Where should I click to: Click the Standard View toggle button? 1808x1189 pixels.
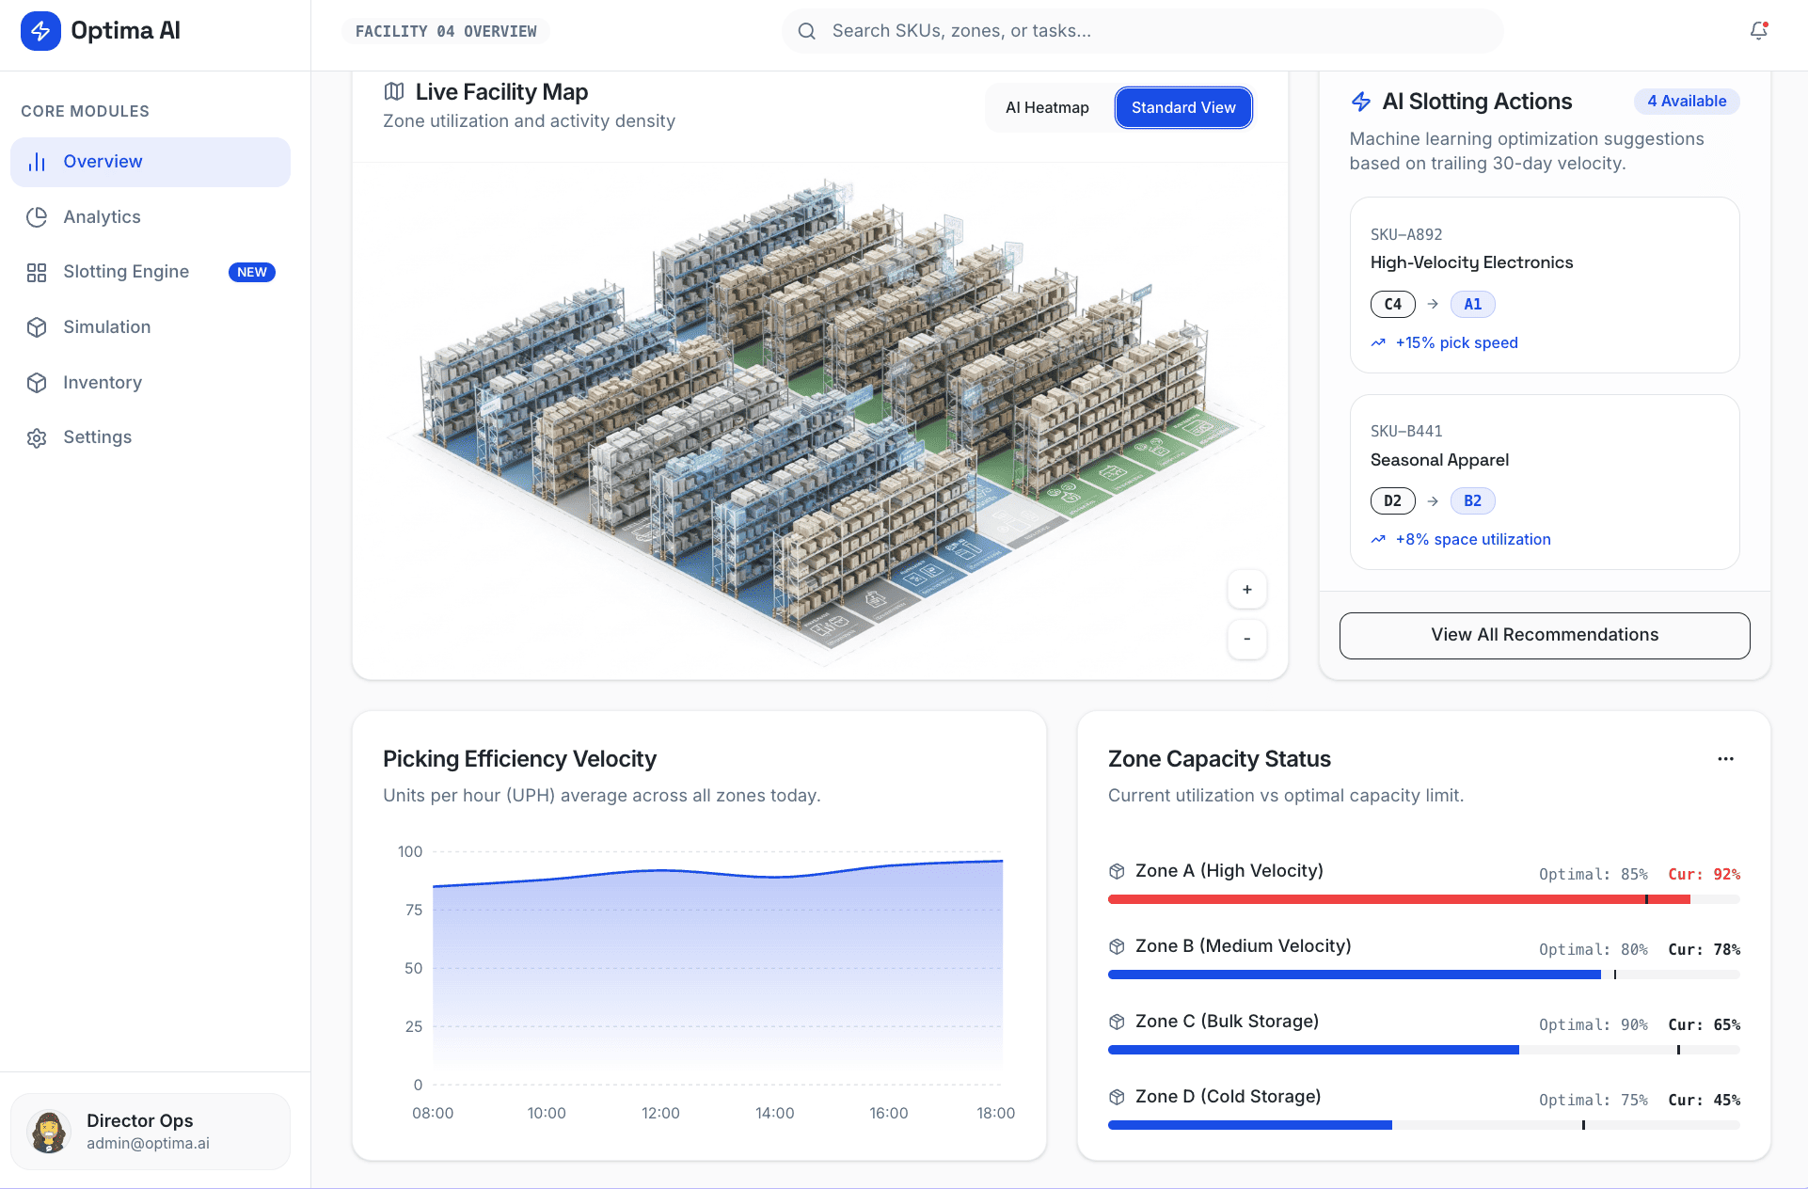(1182, 107)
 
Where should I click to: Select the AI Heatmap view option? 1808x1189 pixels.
(1046, 107)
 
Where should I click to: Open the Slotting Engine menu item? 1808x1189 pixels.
(126, 272)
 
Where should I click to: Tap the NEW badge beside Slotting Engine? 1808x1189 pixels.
(251, 272)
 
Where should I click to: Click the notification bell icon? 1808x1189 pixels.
(1758, 31)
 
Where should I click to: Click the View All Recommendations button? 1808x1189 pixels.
(1544, 635)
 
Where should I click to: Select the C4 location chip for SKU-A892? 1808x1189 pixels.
(1392, 304)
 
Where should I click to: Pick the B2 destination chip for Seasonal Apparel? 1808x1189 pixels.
(1472, 500)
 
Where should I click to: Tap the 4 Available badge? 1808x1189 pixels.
(1686, 101)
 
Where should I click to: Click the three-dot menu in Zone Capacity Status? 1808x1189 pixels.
(1725, 758)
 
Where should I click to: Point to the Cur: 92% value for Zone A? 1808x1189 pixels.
(1704, 874)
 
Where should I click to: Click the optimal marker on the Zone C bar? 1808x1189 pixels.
(1678, 1050)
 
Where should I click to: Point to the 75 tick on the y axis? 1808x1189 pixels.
(414, 910)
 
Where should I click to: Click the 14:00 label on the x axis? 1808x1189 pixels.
(774, 1113)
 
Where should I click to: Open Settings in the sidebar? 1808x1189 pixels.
(97, 437)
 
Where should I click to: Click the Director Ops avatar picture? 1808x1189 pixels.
(49, 1131)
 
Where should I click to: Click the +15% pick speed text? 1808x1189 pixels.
(1456, 342)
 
